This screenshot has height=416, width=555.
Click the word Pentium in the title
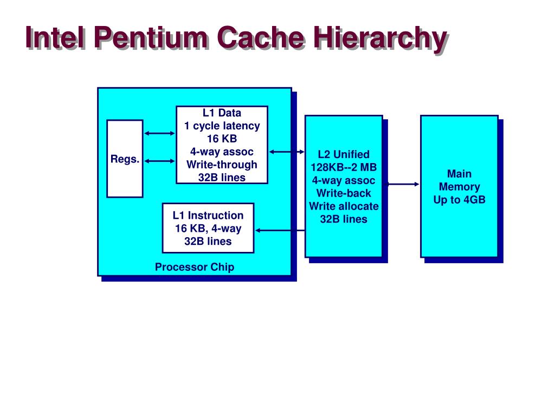pos(151,37)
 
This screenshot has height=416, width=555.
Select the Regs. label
pos(125,159)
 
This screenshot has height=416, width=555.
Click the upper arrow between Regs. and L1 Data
pos(160,133)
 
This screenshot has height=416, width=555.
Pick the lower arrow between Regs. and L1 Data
pos(160,161)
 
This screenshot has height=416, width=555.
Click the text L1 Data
pos(222,113)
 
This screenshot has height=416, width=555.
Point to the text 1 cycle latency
pos(222,126)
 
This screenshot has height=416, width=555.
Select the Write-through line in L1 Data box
pos(222,165)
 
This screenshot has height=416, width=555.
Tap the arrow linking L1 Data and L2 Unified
pos(287,152)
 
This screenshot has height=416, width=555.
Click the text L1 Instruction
pos(208,216)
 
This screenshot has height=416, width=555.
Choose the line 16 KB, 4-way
pos(208,229)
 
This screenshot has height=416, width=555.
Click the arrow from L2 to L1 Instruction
pos(280,230)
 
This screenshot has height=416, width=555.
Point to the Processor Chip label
pos(195,267)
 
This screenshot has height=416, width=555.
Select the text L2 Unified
pos(344,154)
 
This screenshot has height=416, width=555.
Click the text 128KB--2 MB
pos(344,167)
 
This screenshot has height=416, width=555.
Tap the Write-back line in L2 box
pos(344,193)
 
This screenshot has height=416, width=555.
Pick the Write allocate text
pos(344,206)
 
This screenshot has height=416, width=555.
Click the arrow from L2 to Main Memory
pos(403,184)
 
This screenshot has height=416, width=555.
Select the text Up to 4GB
pos(460,200)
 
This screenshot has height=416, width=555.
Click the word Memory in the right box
pos(460,187)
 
